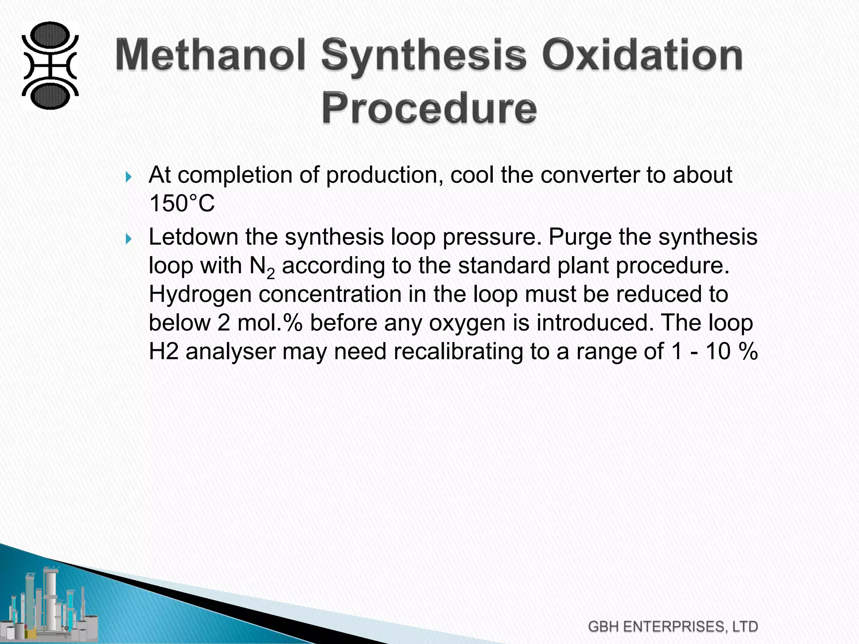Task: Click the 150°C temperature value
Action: (x=182, y=204)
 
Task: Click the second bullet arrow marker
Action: (x=129, y=239)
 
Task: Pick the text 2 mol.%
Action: (x=260, y=323)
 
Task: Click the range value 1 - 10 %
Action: (x=714, y=351)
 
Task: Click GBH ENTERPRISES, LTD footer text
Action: (x=673, y=627)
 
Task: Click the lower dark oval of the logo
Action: (x=50, y=96)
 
